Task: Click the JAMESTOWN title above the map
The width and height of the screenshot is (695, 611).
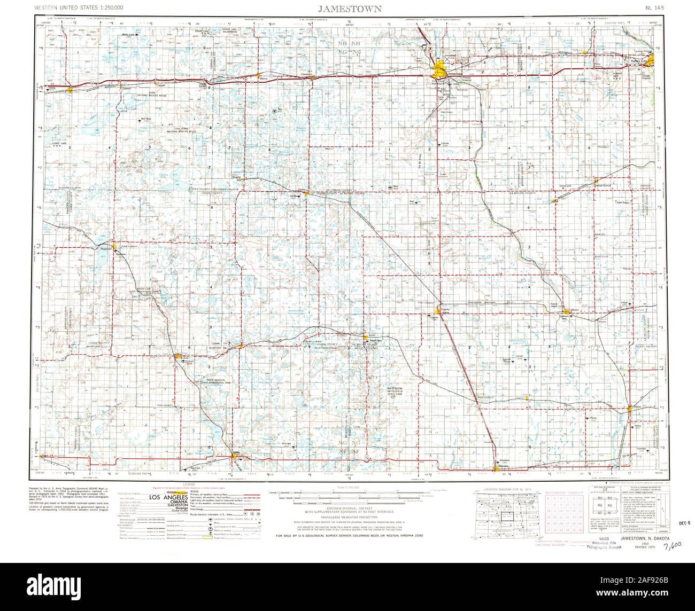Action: tap(350, 9)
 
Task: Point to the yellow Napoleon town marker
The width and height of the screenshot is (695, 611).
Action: tap(114, 246)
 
